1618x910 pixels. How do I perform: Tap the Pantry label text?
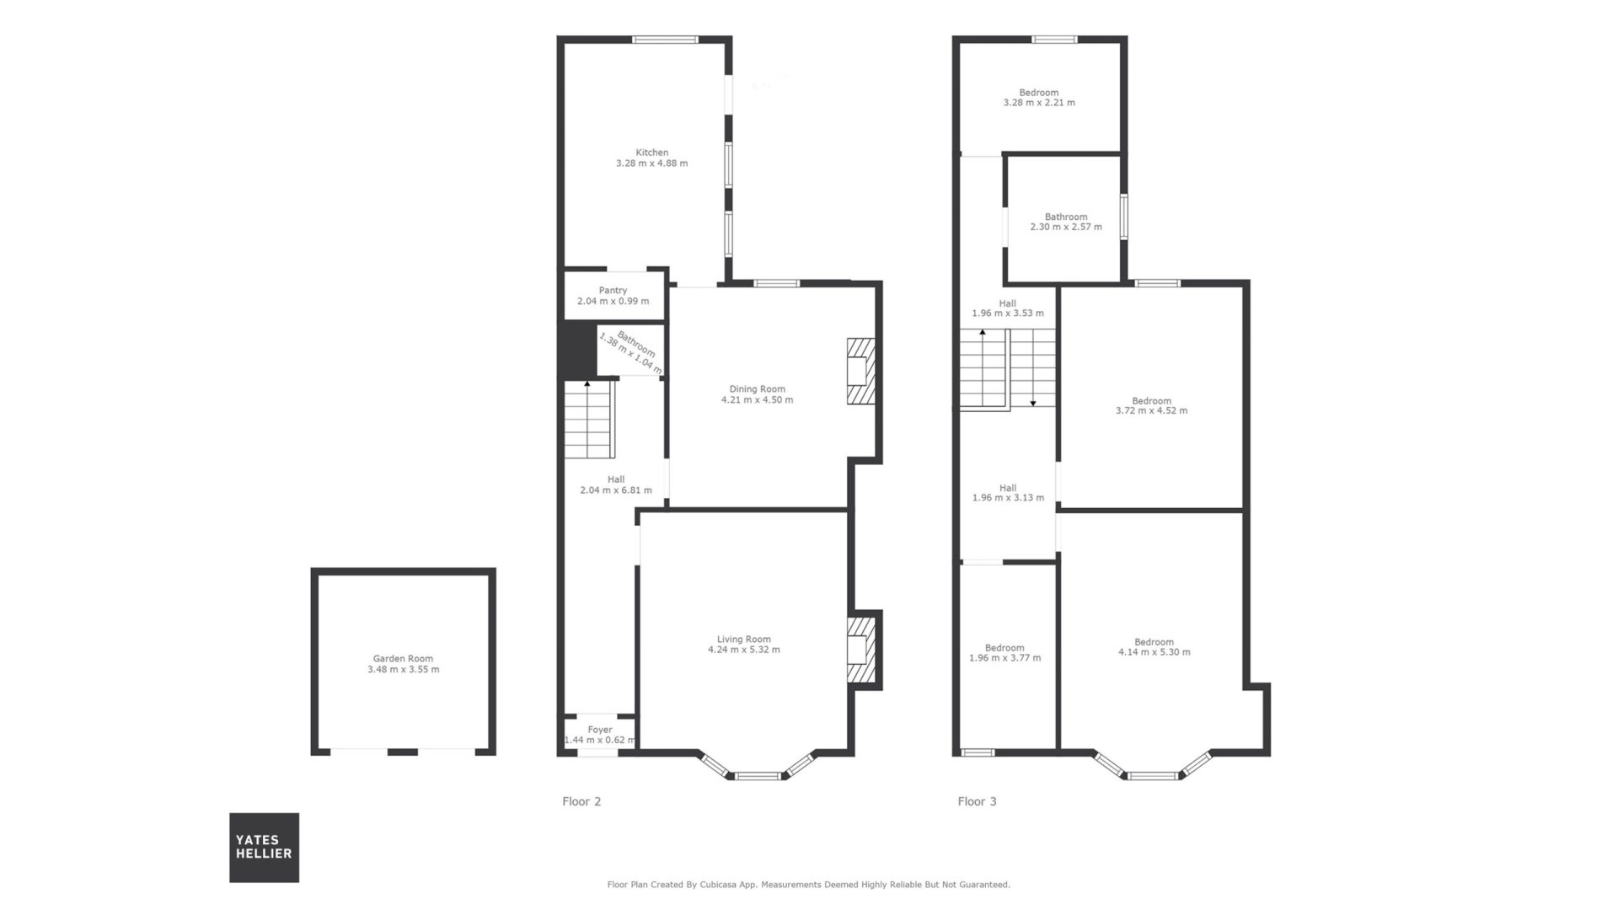pyautogui.click(x=613, y=291)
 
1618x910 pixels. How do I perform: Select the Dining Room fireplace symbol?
pyautogui.click(x=861, y=372)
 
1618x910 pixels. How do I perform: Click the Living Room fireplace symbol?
pyautogui.click(x=861, y=650)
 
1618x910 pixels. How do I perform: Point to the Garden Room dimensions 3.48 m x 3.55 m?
pyautogui.click(x=403, y=670)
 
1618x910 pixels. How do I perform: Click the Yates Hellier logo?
pyautogui.click(x=264, y=847)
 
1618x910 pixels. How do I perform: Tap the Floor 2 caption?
pyautogui.click(x=581, y=801)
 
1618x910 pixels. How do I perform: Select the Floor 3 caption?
pyautogui.click(x=977, y=801)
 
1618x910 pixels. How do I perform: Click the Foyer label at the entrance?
pyautogui.click(x=600, y=730)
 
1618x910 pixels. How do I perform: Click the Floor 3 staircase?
pyautogui.click(x=1008, y=368)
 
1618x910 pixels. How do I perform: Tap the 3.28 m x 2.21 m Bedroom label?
pyautogui.click(x=1039, y=98)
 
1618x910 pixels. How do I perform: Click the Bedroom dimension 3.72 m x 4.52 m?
pyautogui.click(x=1151, y=411)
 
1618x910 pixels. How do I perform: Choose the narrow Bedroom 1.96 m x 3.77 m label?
pyautogui.click(x=1005, y=653)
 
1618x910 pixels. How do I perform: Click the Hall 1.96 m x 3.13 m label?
pyautogui.click(x=1008, y=493)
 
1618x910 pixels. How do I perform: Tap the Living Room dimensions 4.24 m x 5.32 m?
pyautogui.click(x=743, y=650)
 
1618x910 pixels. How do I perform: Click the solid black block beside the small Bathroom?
pyautogui.click(x=578, y=350)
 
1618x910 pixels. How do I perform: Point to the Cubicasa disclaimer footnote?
pyautogui.click(x=808, y=885)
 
